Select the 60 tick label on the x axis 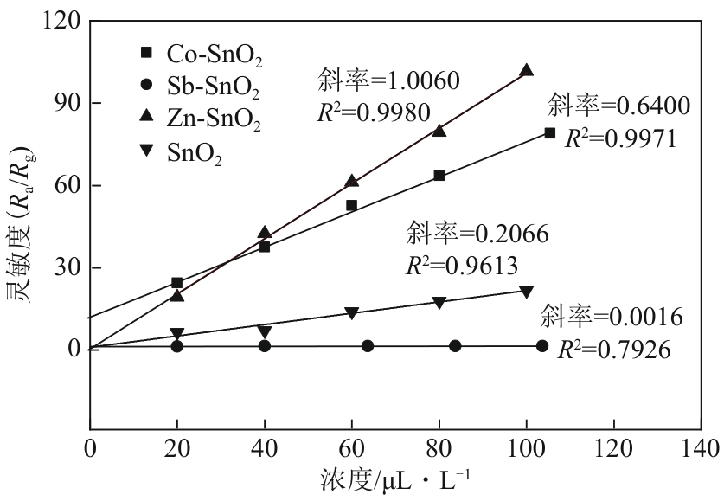(352, 449)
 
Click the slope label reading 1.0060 (388, 81)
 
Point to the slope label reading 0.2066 (477, 233)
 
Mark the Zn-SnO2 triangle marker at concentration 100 (526, 70)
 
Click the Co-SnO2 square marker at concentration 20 (177, 283)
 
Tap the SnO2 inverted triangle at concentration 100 (526, 292)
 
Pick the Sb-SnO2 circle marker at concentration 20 (177, 346)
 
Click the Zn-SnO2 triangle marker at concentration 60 (352, 181)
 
